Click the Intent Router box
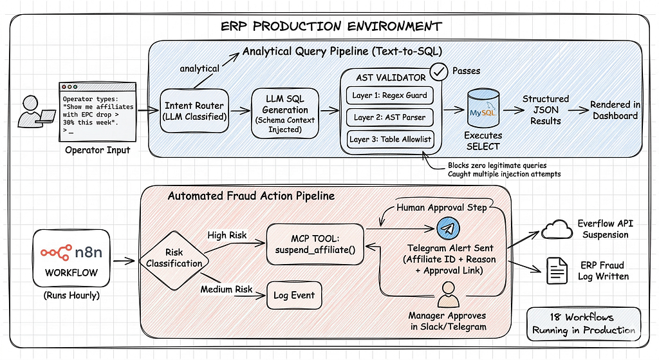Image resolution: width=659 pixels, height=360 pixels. pyautogui.click(x=194, y=111)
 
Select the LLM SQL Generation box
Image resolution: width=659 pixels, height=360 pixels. pyautogui.click(x=285, y=113)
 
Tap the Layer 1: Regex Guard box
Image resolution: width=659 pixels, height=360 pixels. pyautogui.click(x=389, y=95)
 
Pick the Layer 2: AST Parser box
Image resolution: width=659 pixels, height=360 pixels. pyautogui.click(x=389, y=117)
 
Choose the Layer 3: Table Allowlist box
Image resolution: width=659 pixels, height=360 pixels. pyautogui.click(x=390, y=139)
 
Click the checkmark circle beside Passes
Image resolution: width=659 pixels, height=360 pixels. pyautogui.click(x=438, y=72)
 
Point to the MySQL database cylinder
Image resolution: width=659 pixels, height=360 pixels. pyautogui.click(x=483, y=108)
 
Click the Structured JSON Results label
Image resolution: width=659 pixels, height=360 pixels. pyautogui.click(x=546, y=109)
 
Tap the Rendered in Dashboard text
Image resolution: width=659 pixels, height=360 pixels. pyautogui.click(x=615, y=110)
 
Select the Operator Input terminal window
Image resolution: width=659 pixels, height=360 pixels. pyautogui.click(x=98, y=112)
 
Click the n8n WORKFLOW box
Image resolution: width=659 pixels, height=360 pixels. pyautogui.click(x=71, y=258)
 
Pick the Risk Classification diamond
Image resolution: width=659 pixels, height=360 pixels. pyautogui.click(x=174, y=258)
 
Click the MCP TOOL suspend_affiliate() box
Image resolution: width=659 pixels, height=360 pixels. pyautogui.click(x=315, y=244)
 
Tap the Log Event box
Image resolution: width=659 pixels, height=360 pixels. pyautogui.click(x=294, y=295)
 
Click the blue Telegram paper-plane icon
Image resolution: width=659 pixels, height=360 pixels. pyautogui.click(x=448, y=229)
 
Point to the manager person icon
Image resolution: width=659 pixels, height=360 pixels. pyautogui.click(x=448, y=294)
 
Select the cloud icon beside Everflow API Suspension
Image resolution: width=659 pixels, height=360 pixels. pyautogui.click(x=557, y=229)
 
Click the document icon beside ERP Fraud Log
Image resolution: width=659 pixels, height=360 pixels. pyautogui.click(x=557, y=271)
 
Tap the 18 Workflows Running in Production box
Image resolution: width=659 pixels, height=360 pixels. pyautogui.click(x=584, y=324)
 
